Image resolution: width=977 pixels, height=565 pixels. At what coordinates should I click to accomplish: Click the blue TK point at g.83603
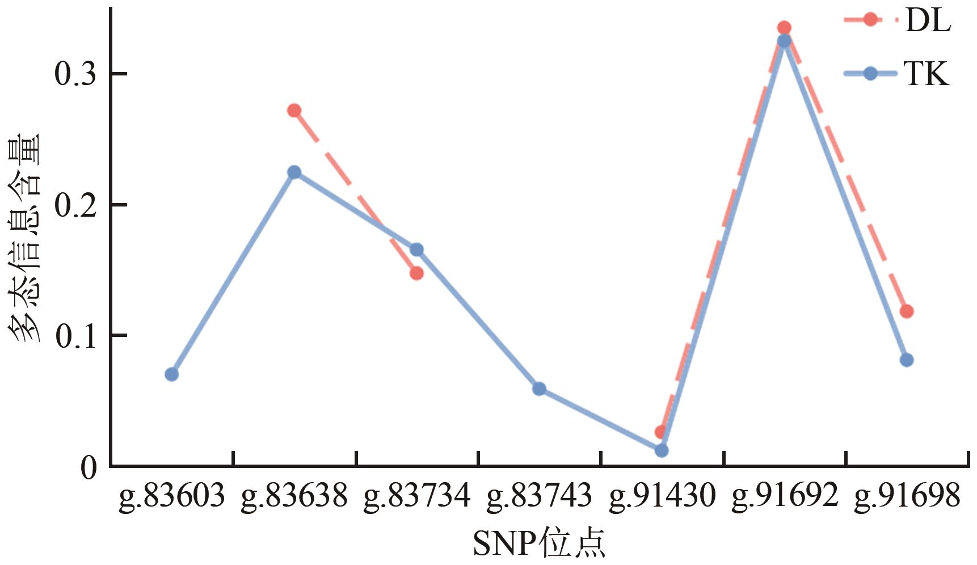pos(172,374)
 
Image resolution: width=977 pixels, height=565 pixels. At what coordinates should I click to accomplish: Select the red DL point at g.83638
pos(294,111)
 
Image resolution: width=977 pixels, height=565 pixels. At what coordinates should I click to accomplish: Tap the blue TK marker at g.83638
pos(294,172)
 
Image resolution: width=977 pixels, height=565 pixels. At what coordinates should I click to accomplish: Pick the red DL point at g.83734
pos(416,273)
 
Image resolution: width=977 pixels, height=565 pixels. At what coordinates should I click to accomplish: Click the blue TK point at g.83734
pos(416,250)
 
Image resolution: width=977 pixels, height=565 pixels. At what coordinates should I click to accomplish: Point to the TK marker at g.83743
pos(539,389)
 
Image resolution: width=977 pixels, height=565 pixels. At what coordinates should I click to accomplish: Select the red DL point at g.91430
pos(660,432)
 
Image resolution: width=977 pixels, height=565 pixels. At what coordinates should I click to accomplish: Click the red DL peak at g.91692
pos(784,28)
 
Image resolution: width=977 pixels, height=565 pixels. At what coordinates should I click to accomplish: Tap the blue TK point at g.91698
pos(906,360)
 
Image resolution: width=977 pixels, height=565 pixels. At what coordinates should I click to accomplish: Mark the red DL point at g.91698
pos(906,311)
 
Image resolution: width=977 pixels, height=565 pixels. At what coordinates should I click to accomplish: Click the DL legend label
pos(928,21)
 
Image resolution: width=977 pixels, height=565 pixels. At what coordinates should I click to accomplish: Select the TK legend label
pos(927,74)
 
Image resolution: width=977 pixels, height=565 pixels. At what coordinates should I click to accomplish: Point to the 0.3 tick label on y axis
pos(75,74)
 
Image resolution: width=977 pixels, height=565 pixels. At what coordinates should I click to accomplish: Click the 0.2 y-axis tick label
pos(75,205)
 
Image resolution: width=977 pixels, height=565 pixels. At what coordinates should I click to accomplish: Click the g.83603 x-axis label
pos(172,496)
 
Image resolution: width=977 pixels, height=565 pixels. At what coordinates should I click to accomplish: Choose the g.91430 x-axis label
pos(662,496)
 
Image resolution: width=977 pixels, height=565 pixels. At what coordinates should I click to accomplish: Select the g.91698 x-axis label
pos(907,496)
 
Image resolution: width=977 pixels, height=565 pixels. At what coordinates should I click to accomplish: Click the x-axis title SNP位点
pos(538,543)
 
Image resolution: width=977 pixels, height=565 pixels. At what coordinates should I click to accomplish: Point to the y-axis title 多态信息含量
pos(24,238)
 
